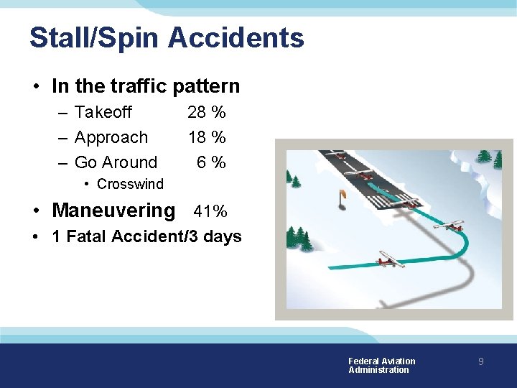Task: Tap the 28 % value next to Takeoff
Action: (206, 112)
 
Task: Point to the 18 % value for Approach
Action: (206, 137)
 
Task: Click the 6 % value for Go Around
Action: (212, 162)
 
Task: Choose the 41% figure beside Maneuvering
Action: (210, 211)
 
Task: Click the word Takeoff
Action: (103, 112)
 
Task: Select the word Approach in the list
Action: (111, 137)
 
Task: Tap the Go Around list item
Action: (116, 162)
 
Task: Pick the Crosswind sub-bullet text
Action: (130, 184)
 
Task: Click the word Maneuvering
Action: (113, 211)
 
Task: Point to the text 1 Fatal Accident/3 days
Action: (146, 236)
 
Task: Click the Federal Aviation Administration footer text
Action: (381, 366)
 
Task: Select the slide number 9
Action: (481, 362)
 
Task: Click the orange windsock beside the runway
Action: (341, 194)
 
